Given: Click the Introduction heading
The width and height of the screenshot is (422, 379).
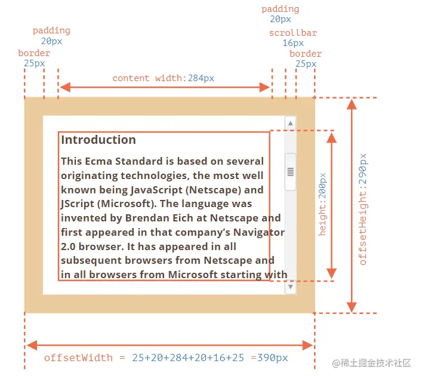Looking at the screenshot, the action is coord(98,140).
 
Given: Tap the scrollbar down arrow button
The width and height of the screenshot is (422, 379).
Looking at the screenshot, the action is coord(291,287).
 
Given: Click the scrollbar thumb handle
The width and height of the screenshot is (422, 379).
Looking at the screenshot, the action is coord(291,171).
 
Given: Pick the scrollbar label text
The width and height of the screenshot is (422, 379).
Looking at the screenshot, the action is coord(292,33).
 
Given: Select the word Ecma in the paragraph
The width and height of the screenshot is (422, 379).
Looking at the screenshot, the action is coord(100,162).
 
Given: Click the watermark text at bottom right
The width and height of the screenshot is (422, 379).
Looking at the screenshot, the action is coord(372,363).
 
